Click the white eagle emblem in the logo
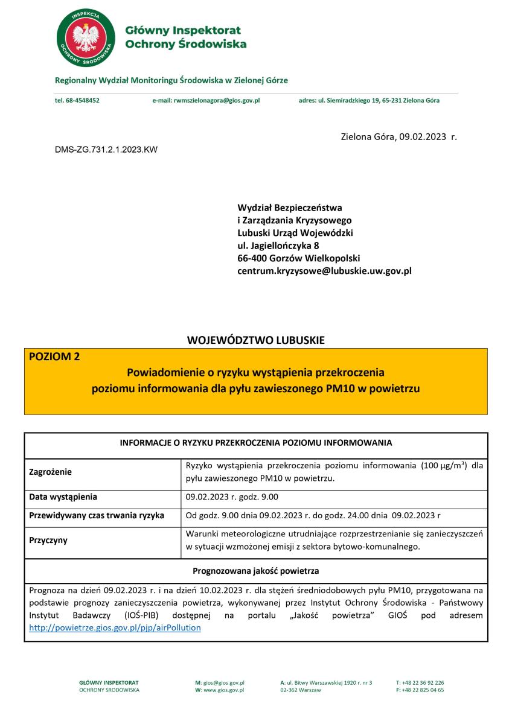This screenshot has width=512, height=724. tap(85, 37)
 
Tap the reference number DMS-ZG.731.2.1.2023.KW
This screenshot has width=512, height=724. tap(106, 149)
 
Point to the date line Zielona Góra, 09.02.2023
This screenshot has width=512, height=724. tap(398, 136)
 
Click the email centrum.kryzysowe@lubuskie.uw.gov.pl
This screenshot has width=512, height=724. tap(324, 271)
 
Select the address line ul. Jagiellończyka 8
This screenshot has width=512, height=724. tap(278, 246)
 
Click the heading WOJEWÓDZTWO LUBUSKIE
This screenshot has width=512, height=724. tap(256, 340)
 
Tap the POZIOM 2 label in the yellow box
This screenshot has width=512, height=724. tap(54, 357)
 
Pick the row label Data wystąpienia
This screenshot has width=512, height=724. tap(63, 498)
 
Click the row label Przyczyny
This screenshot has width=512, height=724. tap(48, 541)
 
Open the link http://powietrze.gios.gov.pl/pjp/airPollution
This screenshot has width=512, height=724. tap(115, 627)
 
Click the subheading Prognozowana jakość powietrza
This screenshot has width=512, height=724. tap(256, 570)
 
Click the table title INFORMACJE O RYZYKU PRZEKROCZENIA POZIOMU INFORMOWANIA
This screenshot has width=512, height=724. tap(256, 443)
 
